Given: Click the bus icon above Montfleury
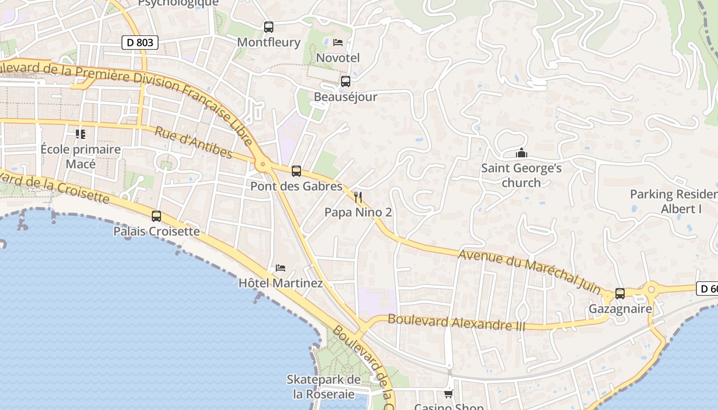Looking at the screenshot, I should pyautogui.click(x=269, y=27).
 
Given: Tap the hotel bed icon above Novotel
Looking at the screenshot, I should pyautogui.click(x=338, y=43).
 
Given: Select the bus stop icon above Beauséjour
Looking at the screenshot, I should pyautogui.click(x=346, y=81).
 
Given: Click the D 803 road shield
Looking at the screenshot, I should pyautogui.click(x=139, y=43).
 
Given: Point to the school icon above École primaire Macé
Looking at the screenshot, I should pyautogui.click(x=81, y=134).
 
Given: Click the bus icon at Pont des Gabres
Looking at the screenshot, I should pyautogui.click(x=296, y=171).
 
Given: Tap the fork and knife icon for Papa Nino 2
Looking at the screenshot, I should pyautogui.click(x=358, y=197).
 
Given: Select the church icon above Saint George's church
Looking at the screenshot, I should pyautogui.click(x=522, y=153).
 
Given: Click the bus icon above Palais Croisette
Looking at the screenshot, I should pyautogui.click(x=156, y=216).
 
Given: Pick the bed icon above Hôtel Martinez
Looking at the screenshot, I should pyautogui.click(x=281, y=268).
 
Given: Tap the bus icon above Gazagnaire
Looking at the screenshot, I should pyautogui.click(x=620, y=294).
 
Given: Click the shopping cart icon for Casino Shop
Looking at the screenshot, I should pyautogui.click(x=449, y=394).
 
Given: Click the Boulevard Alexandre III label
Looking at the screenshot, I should pyautogui.click(x=456, y=322).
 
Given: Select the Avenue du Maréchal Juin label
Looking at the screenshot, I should pyautogui.click(x=530, y=272).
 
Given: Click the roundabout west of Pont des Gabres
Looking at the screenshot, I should pyautogui.click(x=263, y=165).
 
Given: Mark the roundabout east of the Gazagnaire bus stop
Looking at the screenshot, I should pyautogui.click(x=651, y=290).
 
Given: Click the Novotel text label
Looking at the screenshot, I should pyautogui.click(x=338, y=58).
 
